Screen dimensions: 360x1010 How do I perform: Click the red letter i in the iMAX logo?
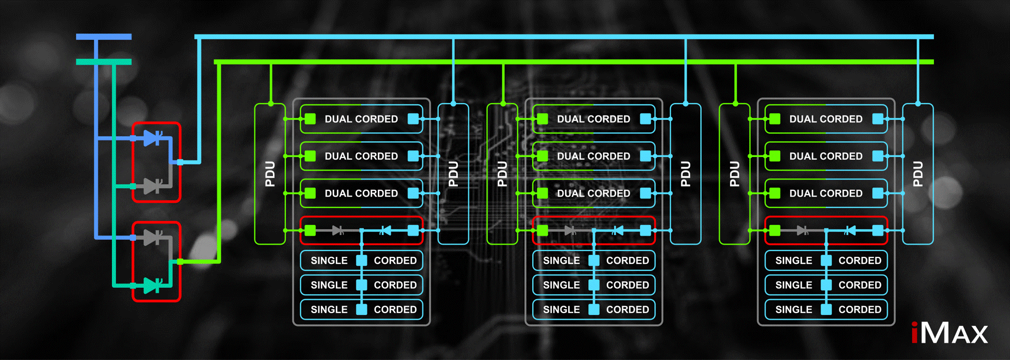pyautogui.click(x=915, y=333)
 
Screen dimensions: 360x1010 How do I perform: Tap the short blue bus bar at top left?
pyautogui.click(x=103, y=36)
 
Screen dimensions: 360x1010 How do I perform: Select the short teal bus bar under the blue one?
pyautogui.click(x=103, y=62)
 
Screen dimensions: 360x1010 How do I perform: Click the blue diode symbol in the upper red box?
pyautogui.click(x=152, y=138)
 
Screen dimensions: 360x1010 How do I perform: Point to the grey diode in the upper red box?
pyautogui.click(x=152, y=186)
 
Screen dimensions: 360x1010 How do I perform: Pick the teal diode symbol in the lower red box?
pyautogui.click(x=152, y=285)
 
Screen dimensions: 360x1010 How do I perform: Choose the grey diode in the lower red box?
pyautogui.click(x=152, y=237)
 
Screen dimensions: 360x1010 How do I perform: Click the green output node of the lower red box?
pyautogui.click(x=180, y=261)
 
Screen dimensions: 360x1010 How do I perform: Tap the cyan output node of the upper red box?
pyautogui.click(x=180, y=162)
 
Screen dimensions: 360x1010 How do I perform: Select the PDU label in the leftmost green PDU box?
pyautogui.click(x=270, y=174)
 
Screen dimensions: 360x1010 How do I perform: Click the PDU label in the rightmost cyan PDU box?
pyautogui.click(x=918, y=174)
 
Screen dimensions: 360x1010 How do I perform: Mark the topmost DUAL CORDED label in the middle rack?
pyautogui.click(x=593, y=119)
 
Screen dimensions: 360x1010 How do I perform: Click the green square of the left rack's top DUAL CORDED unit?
pyautogui.click(x=310, y=119)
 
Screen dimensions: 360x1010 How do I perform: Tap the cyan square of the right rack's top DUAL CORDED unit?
pyautogui.click(x=878, y=119)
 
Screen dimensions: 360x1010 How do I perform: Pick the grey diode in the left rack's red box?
pyautogui.click(x=338, y=230)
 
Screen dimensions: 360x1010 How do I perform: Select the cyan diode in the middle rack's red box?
pyautogui.click(x=618, y=230)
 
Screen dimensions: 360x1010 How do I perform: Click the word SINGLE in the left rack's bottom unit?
pyautogui.click(x=329, y=309)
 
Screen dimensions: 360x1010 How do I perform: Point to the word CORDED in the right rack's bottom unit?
pyautogui.click(x=860, y=309)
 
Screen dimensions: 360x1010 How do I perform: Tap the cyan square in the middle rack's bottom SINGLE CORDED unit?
pyautogui.click(x=594, y=309)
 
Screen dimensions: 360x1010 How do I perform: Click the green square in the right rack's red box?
pyautogui.click(x=775, y=230)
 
